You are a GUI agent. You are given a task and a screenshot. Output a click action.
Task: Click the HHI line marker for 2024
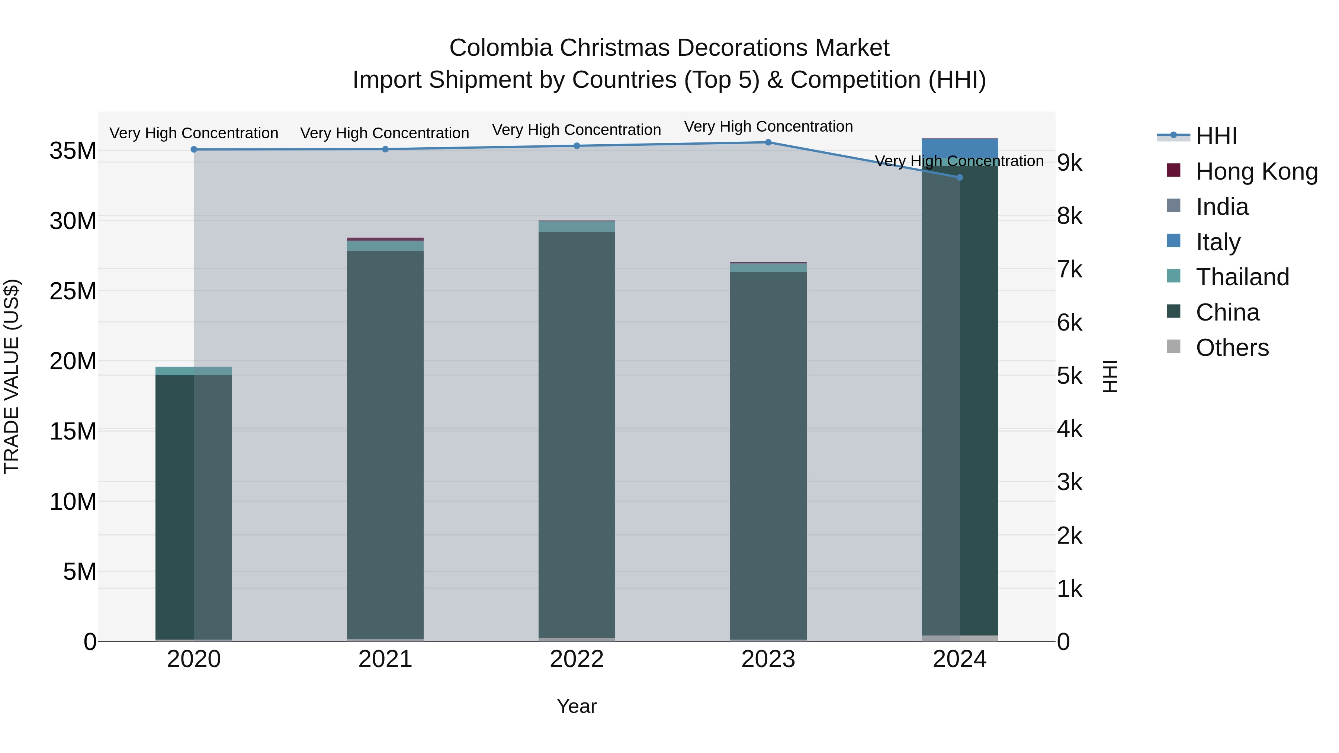[960, 177]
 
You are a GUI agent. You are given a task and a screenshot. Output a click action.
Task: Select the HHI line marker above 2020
[194, 149]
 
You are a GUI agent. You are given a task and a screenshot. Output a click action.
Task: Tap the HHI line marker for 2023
[768, 142]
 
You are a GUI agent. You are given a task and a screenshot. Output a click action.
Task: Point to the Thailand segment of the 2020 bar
[193, 370]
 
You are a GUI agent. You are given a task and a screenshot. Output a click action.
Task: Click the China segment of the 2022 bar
[577, 431]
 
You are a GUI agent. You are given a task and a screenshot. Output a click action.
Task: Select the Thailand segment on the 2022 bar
[577, 226]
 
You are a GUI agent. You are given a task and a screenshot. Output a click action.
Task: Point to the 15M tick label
[73, 431]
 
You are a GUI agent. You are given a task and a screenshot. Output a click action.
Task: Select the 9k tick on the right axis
[1070, 162]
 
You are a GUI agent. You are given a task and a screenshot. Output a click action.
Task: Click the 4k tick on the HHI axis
[1070, 429]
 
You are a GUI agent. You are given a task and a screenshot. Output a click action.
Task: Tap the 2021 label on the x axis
[385, 659]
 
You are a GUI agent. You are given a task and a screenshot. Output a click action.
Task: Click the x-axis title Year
[577, 706]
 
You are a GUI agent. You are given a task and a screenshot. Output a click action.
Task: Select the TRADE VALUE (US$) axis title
[12, 376]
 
